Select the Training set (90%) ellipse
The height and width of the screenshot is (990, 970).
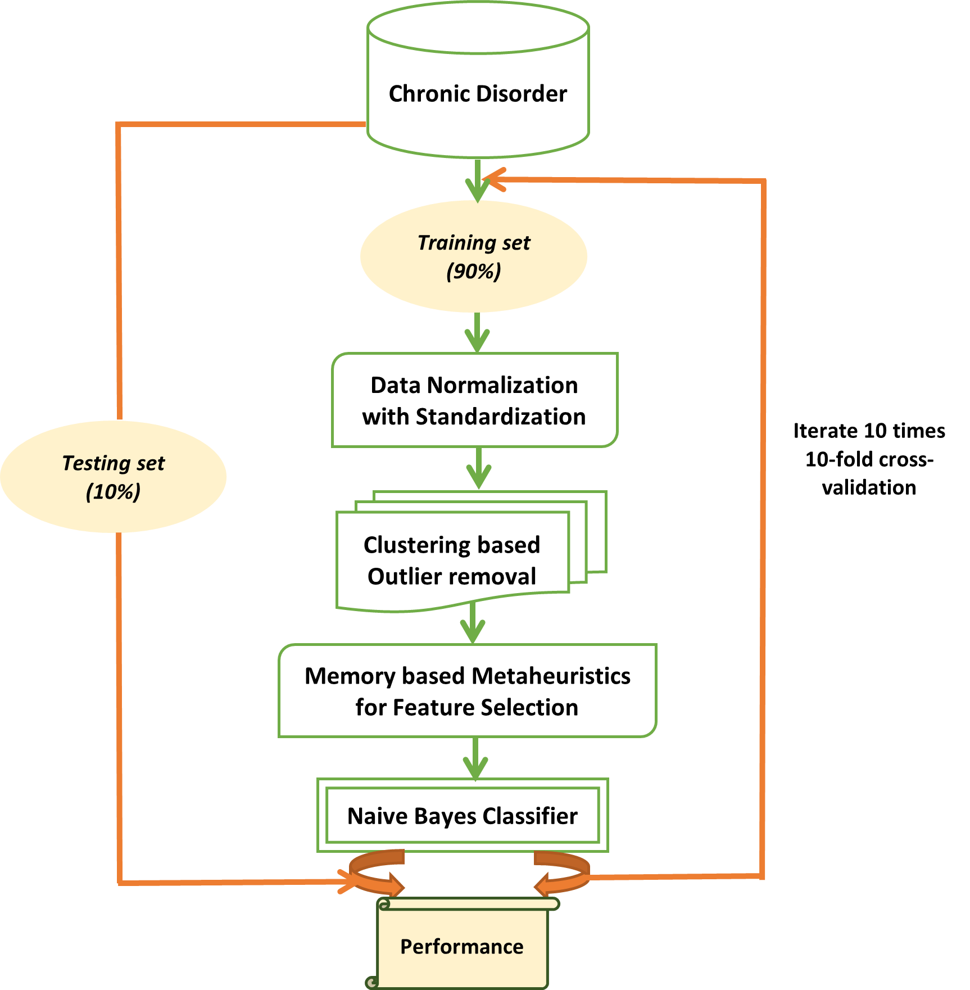pyautogui.click(x=474, y=256)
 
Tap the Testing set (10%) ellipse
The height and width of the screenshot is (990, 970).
pyautogui.click(x=113, y=477)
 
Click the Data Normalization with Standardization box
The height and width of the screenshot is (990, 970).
pyautogui.click(x=475, y=400)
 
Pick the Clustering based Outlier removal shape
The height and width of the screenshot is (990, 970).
pyautogui.click(x=453, y=559)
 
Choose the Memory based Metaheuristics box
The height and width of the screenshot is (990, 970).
pyautogui.click(x=468, y=691)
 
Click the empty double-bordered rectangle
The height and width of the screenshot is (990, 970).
pyautogui.click(x=463, y=815)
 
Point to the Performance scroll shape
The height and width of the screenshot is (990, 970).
pyautogui.click(x=462, y=947)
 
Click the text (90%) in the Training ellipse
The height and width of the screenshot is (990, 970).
pyautogui.click(x=474, y=272)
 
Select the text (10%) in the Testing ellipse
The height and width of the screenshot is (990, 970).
pyautogui.click(x=113, y=492)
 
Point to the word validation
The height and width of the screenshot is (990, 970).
pyautogui.click(x=869, y=487)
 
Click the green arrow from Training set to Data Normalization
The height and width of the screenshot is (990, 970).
pyautogui.click(x=477, y=333)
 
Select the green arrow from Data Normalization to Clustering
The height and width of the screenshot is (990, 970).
pyautogui.click(x=479, y=469)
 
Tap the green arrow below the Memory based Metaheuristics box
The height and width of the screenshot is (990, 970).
pyautogui.click(x=475, y=758)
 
